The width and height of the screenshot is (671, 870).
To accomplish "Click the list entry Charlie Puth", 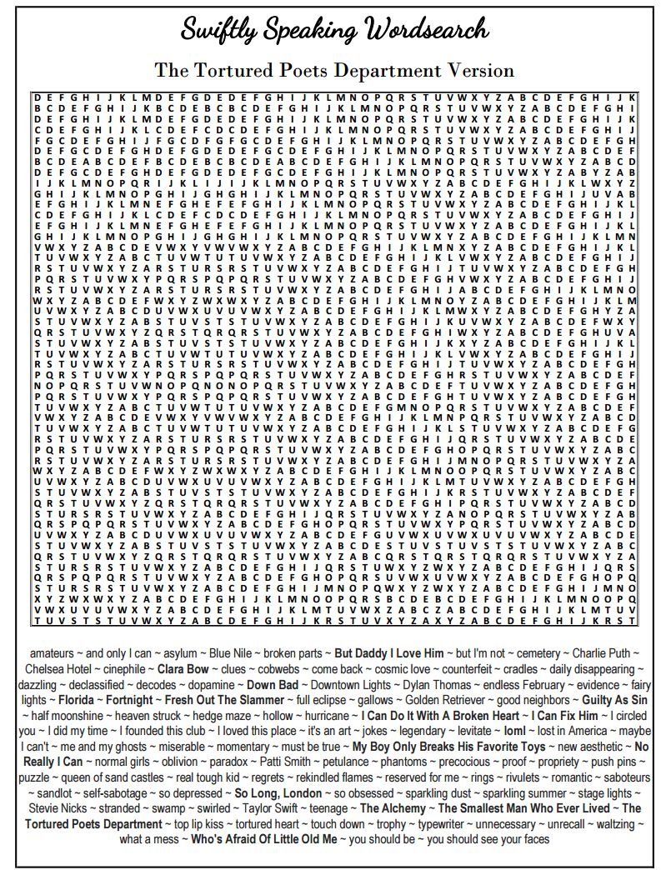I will pos(606,653).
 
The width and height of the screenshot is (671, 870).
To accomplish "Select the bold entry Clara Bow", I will pos(183,669).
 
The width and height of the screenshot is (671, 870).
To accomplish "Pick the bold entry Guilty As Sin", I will pos(615,700).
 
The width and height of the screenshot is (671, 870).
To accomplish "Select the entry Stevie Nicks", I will pos(59,809).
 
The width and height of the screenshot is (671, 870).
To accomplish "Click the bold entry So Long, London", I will pos(278,793).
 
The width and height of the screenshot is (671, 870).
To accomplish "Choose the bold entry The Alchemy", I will pos(395,809).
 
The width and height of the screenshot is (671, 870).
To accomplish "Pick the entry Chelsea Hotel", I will pos(58,669).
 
